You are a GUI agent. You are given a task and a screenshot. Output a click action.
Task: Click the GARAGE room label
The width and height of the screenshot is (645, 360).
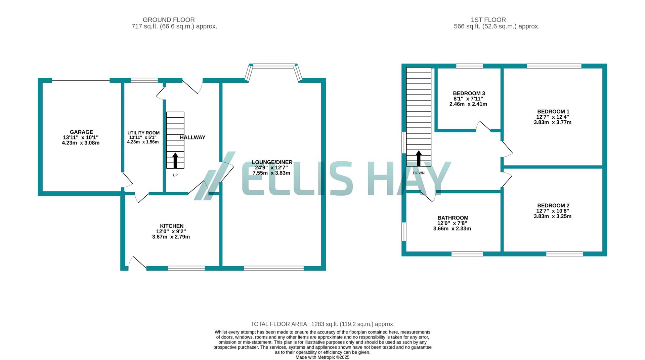[x=81, y=132]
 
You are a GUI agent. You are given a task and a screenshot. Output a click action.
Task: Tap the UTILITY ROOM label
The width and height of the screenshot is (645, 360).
[x=143, y=133]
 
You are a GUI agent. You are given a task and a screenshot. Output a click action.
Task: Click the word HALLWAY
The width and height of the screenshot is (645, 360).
[x=192, y=137]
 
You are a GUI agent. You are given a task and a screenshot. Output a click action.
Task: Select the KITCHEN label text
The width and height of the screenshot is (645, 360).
[x=172, y=226]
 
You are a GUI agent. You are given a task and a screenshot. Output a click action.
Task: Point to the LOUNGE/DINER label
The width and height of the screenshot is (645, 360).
[x=272, y=162]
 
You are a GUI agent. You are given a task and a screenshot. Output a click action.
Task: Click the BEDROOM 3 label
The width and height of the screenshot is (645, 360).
[x=469, y=93]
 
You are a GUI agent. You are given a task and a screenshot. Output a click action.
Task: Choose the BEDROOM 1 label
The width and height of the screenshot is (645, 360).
[x=553, y=112]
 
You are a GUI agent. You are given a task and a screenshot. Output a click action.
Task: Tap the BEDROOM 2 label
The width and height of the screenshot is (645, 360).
[x=553, y=206]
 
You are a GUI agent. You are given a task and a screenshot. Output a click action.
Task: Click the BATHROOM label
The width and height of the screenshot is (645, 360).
[x=453, y=218]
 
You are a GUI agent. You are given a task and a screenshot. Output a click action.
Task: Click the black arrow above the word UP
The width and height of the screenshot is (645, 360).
[x=175, y=160]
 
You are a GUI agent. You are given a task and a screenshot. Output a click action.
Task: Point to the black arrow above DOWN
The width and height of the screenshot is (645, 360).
[x=419, y=158]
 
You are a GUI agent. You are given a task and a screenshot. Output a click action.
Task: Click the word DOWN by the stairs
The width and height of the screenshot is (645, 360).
[x=419, y=173]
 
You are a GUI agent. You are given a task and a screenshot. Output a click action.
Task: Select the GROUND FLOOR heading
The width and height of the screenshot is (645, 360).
[x=169, y=20]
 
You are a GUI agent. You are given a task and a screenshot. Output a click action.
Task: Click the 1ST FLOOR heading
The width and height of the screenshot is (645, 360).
[x=488, y=20]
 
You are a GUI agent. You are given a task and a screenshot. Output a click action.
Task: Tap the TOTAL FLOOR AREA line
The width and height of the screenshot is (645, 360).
[x=322, y=324]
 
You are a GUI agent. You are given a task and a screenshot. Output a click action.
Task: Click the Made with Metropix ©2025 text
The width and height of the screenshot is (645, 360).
[x=322, y=357]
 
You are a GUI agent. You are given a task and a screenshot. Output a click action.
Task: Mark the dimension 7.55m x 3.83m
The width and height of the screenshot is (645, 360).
[x=271, y=173]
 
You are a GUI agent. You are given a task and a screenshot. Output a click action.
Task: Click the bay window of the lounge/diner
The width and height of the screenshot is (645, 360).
[x=274, y=66]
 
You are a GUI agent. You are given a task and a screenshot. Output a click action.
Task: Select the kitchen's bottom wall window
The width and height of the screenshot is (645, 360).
[x=186, y=268]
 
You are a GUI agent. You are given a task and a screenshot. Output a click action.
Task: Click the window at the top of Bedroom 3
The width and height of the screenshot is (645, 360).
[x=469, y=66]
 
